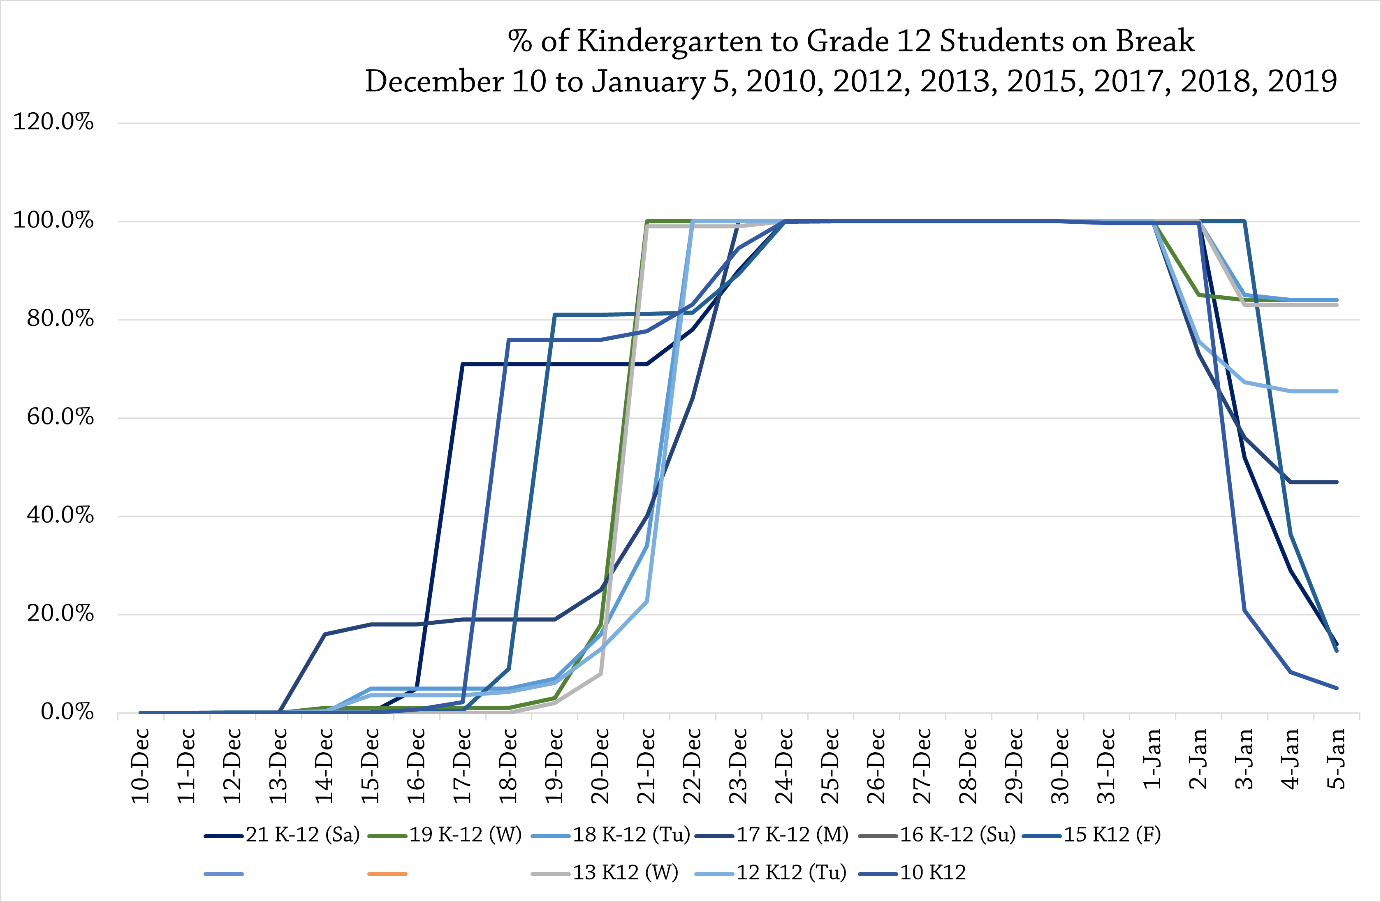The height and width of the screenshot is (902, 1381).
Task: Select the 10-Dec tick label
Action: tap(140, 766)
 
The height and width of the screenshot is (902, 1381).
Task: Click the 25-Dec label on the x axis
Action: tap(831, 766)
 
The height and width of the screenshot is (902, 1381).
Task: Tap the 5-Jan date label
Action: tap(1337, 759)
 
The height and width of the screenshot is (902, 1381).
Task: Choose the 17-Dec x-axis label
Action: tap(463, 766)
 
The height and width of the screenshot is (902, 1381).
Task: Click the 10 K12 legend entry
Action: tap(932, 872)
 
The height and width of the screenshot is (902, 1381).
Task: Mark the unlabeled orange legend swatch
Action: tap(387, 873)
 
